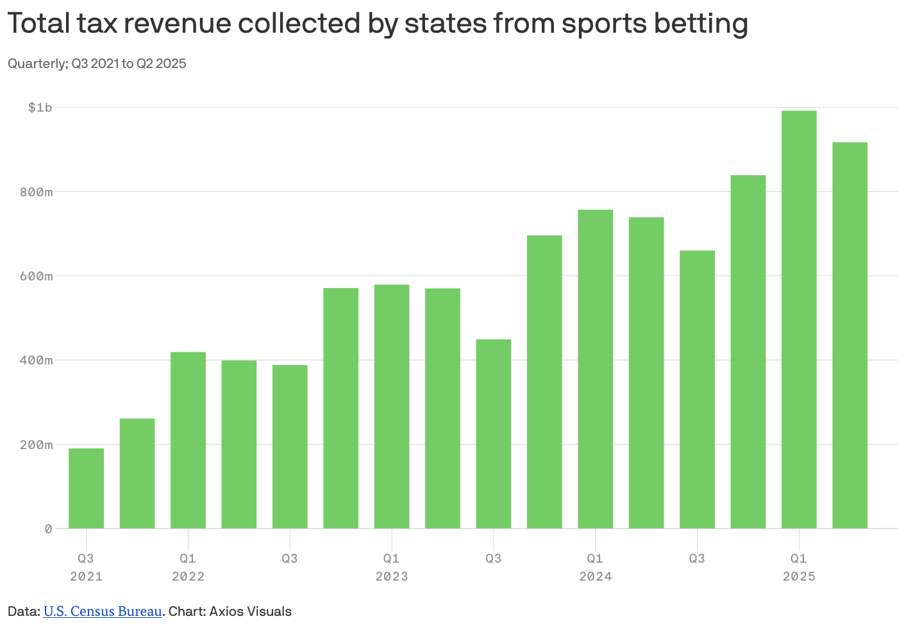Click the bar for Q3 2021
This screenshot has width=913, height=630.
pos(86,488)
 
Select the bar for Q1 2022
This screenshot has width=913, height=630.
pos(188,440)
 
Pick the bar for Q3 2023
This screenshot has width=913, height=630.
pos(494,434)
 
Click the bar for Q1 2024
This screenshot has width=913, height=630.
pos(595,369)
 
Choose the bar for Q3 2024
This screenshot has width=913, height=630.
pos(697,389)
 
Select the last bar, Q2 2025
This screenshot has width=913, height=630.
pos(850,336)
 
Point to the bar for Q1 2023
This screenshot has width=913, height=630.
pos(392,407)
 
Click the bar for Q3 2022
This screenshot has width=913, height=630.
pos(290,447)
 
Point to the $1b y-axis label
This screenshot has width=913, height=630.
pos(40,107)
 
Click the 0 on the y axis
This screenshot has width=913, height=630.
pos(48,529)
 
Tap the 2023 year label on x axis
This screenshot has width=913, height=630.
pos(392,576)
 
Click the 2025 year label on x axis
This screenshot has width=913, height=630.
pos(799,576)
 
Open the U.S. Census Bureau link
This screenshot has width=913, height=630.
pos(103,611)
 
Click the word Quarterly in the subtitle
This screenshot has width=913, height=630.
pos(36,64)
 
